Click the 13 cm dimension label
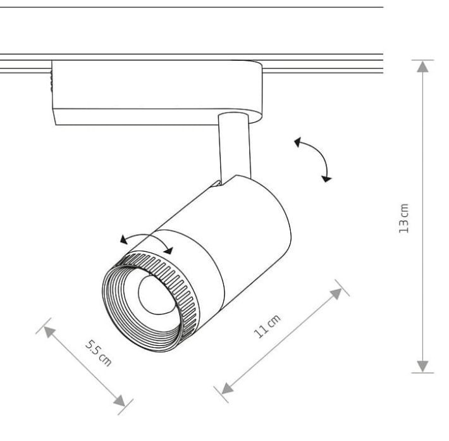[403, 218]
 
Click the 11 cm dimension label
[267, 326]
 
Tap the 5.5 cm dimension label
[99, 353]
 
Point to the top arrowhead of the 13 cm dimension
[422, 66]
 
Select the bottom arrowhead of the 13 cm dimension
[422, 366]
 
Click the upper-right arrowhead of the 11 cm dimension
[336, 294]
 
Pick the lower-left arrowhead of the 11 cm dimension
[227, 388]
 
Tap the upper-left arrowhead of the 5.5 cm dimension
[49, 332]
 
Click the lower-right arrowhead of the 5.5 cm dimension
[120, 401]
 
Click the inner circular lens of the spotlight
[156, 295]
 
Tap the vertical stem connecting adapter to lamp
[234, 147]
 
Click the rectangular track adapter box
[157, 92]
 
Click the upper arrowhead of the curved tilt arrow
[298, 142]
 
